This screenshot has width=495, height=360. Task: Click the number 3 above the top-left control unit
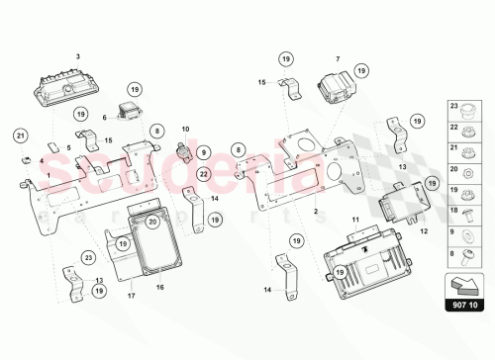pyautogui.click(x=77, y=31)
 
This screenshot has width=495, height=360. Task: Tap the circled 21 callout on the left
pyautogui.click(x=22, y=135)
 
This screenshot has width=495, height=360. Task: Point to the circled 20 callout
pyautogui.click(x=152, y=223)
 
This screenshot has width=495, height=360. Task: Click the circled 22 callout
pyautogui.click(x=202, y=174)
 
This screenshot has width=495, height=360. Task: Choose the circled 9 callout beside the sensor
pyautogui.click(x=202, y=152)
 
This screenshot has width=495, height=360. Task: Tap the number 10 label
pyautogui.click(x=184, y=128)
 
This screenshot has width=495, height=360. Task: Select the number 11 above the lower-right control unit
pyautogui.click(x=355, y=217)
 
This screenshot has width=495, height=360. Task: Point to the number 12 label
pyautogui.click(x=424, y=230)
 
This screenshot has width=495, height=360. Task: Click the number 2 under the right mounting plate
pyautogui.click(x=316, y=213)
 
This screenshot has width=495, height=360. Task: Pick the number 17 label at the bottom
pyautogui.click(x=132, y=295)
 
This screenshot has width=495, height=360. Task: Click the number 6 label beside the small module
pyautogui.click(x=104, y=117)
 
